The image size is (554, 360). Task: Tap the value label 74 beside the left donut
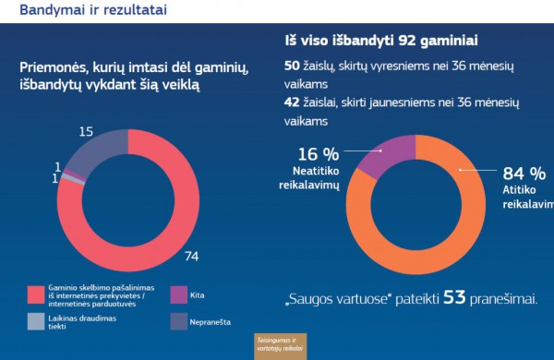[192, 256]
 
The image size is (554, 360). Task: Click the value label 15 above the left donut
[86, 132]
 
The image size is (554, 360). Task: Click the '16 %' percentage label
[317, 153]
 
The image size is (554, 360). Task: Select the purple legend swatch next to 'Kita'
[179, 294]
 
